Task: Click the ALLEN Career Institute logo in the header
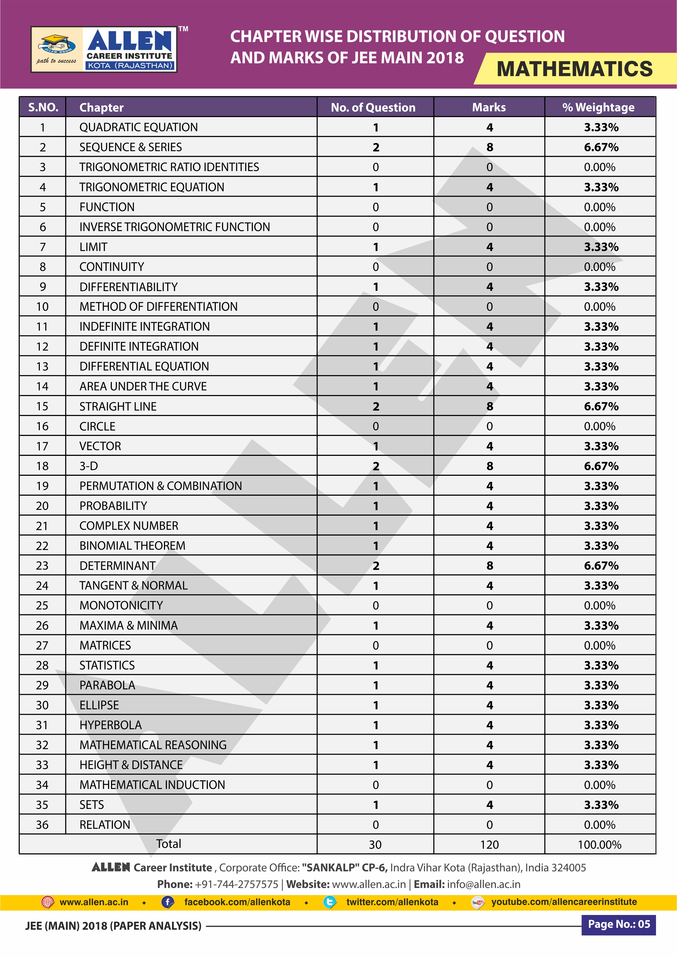point(104,50)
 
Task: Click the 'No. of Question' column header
point(373,107)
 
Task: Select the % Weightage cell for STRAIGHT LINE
point(601,406)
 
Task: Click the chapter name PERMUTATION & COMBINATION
point(160,486)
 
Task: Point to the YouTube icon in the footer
point(477,902)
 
